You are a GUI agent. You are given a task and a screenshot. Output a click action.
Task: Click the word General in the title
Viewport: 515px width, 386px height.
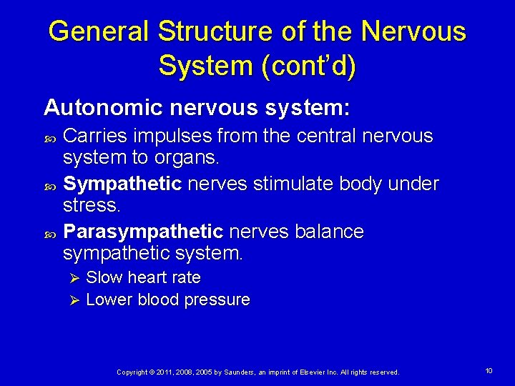coord(99,31)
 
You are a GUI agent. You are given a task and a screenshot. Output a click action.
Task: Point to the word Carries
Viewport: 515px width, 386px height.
coord(92,136)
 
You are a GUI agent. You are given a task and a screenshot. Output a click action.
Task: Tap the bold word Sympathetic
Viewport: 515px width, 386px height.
coord(122,184)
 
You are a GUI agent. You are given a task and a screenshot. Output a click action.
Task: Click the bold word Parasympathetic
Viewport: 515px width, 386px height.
coord(143,232)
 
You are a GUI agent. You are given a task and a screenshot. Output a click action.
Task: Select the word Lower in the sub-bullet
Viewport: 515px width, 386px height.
coord(107,300)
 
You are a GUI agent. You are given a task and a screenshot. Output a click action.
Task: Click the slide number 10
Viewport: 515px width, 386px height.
coord(489,371)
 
